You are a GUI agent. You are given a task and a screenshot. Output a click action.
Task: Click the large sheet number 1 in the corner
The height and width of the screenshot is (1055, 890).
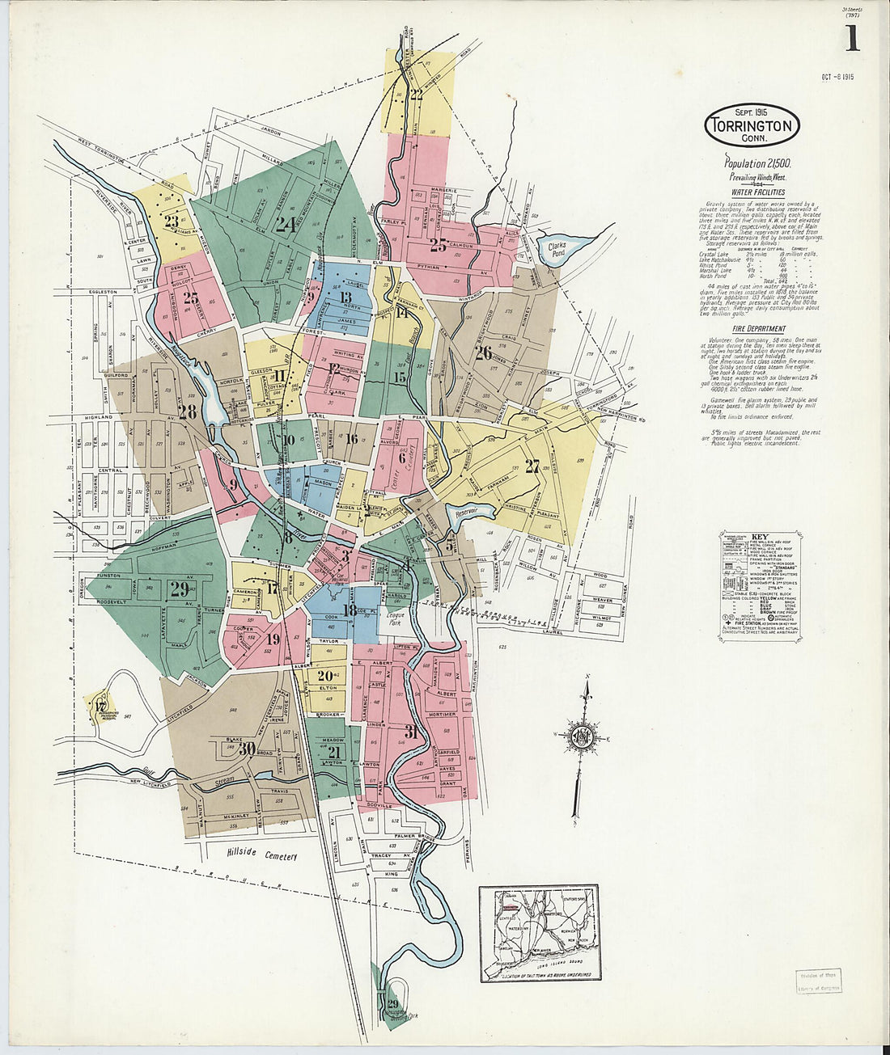[852, 38]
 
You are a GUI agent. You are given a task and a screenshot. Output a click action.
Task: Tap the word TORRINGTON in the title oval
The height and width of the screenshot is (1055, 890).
[751, 126]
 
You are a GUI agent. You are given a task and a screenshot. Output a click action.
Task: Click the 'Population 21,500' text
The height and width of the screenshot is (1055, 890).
[758, 163]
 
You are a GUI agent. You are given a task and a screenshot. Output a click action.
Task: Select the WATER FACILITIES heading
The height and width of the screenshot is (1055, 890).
[758, 192]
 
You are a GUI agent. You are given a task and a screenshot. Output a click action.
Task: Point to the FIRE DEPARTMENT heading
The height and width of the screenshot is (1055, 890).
[758, 329]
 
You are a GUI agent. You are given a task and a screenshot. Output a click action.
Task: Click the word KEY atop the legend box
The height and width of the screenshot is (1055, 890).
[760, 536]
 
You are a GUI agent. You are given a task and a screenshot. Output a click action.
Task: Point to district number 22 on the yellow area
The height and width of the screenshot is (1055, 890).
[416, 95]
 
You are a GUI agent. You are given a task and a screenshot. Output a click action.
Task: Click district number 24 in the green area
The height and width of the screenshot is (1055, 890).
[284, 224]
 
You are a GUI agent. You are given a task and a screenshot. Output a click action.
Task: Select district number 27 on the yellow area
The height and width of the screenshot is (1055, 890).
[532, 466]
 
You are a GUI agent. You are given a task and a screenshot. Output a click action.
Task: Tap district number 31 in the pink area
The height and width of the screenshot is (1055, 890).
[411, 732]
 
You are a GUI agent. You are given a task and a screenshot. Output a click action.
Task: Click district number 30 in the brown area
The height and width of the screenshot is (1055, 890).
[247, 748]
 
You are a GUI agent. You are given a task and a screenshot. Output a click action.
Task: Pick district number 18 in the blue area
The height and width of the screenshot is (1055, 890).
[350, 610]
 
